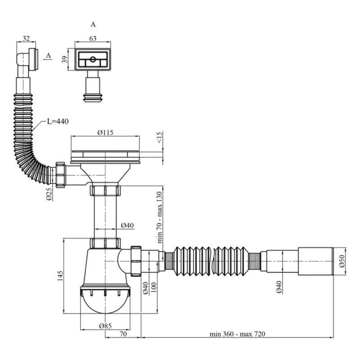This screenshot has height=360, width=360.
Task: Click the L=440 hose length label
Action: tap(58, 121)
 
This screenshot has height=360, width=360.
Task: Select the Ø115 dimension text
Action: tap(105, 132)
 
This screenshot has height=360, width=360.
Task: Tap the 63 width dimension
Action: tap(93, 38)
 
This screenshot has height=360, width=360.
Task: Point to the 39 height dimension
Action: tap(65, 59)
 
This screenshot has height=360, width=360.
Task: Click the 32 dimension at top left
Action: tap(26, 38)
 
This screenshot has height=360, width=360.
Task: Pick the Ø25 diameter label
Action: tap(49, 194)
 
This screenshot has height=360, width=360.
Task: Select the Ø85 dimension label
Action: tap(105, 326)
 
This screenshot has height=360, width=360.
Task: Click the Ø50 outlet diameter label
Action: tap(342, 261)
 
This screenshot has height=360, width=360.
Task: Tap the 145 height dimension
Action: tap(60, 276)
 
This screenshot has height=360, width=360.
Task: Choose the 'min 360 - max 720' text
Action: tap(238, 334)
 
